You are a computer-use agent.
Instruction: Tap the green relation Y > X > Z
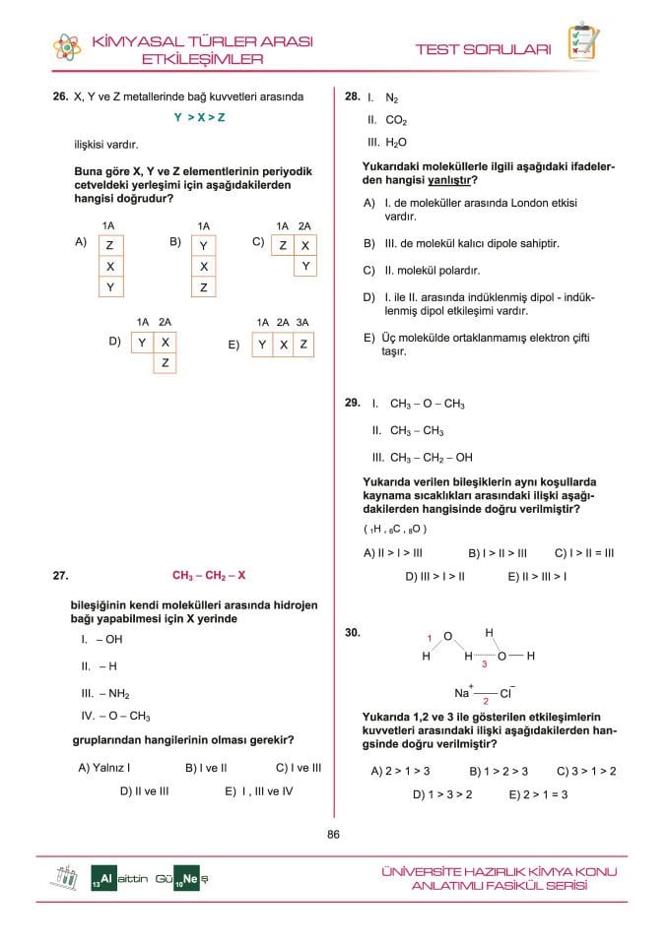[200, 118]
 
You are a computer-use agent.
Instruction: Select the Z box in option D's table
[165, 363]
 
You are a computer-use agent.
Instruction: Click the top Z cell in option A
[109, 244]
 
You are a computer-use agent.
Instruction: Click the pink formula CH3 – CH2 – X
[209, 576]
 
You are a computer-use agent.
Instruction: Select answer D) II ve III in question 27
[144, 790]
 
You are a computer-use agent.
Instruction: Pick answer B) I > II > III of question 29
[498, 552]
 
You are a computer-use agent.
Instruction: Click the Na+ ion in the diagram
[463, 692]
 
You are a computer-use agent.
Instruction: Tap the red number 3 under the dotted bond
[485, 665]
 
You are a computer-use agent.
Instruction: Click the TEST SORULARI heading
[483, 49]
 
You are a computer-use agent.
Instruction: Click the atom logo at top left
[67, 47]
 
